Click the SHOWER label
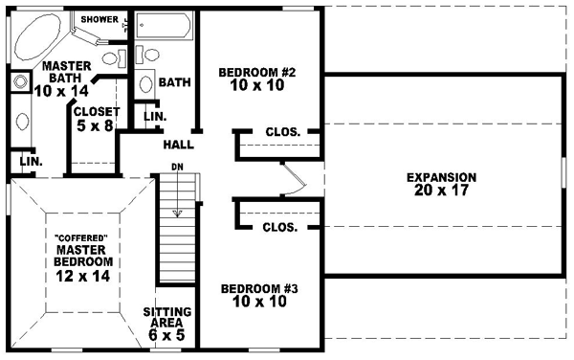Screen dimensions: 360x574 point(99,19)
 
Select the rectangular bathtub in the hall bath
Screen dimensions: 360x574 point(164,26)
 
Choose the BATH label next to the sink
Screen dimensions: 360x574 point(174,83)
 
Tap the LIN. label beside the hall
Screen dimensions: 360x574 point(155,117)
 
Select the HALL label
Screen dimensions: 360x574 point(179,146)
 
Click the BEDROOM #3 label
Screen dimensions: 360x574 point(254,295)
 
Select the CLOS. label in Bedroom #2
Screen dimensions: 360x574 point(284,131)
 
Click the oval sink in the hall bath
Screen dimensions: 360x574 point(145,83)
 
